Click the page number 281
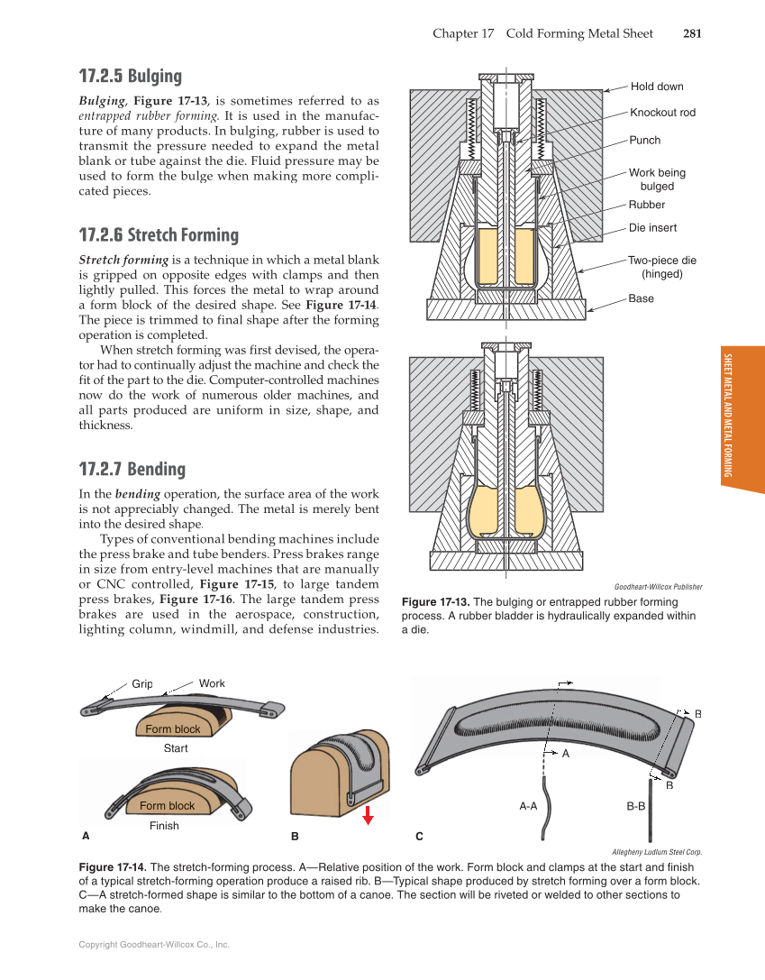[692, 33]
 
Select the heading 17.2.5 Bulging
[130, 76]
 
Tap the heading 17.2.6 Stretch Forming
[159, 235]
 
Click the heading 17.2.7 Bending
[132, 469]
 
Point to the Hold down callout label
[657, 87]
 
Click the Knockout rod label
[662, 113]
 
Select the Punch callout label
[644, 140]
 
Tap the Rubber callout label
[646, 205]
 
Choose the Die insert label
[652, 228]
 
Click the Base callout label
[642, 298]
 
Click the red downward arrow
[368, 815]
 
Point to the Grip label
[142, 683]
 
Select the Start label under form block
[176, 748]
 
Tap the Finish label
[164, 825]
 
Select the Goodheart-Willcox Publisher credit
[658, 586]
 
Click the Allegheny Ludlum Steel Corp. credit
[656, 851]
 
